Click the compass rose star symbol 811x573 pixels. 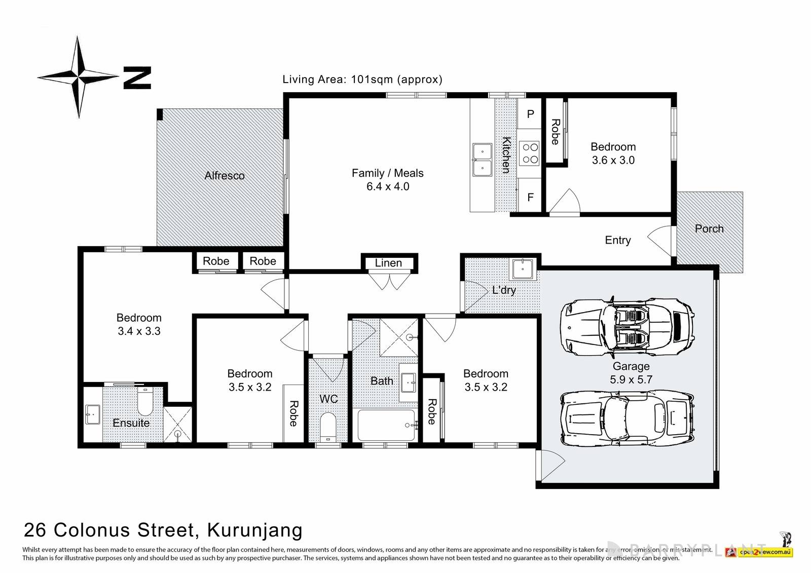[x=78, y=77]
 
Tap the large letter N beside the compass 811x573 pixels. [x=137, y=78]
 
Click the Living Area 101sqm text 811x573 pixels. [x=362, y=80]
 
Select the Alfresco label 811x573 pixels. [x=225, y=176]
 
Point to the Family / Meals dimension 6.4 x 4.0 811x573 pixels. [x=388, y=186]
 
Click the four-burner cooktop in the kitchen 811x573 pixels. [x=530, y=153]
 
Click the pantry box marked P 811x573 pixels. [x=530, y=114]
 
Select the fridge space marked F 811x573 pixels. [x=530, y=197]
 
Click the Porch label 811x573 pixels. [x=709, y=228]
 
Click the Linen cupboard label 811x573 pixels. [x=388, y=263]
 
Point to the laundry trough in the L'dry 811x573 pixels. [x=522, y=269]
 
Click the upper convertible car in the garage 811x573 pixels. [x=627, y=324]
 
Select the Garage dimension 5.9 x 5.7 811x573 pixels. [x=631, y=379]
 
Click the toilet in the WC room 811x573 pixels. [x=328, y=427]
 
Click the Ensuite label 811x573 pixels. [x=131, y=423]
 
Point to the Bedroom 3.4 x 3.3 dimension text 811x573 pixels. [x=139, y=331]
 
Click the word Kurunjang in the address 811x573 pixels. [x=254, y=530]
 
